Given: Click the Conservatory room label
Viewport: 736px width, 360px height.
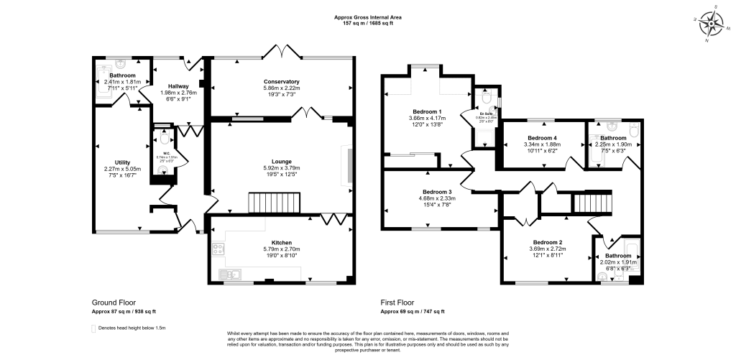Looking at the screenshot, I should coord(282,81).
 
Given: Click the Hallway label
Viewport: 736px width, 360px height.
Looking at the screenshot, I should coord(178,86).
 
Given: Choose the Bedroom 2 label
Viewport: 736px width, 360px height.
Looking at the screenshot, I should coord(547,242).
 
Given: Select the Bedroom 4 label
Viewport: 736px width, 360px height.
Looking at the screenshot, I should coord(542,137).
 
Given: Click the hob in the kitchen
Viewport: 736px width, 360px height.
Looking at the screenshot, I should coord(218,250).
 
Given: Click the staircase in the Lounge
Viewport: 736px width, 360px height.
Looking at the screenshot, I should coord(268,203).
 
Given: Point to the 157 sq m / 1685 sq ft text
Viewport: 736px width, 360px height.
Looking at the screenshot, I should coord(367,24).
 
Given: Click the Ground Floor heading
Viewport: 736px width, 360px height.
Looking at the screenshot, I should coord(114,303).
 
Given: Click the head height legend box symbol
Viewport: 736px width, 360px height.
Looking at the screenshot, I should coord(93,328).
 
